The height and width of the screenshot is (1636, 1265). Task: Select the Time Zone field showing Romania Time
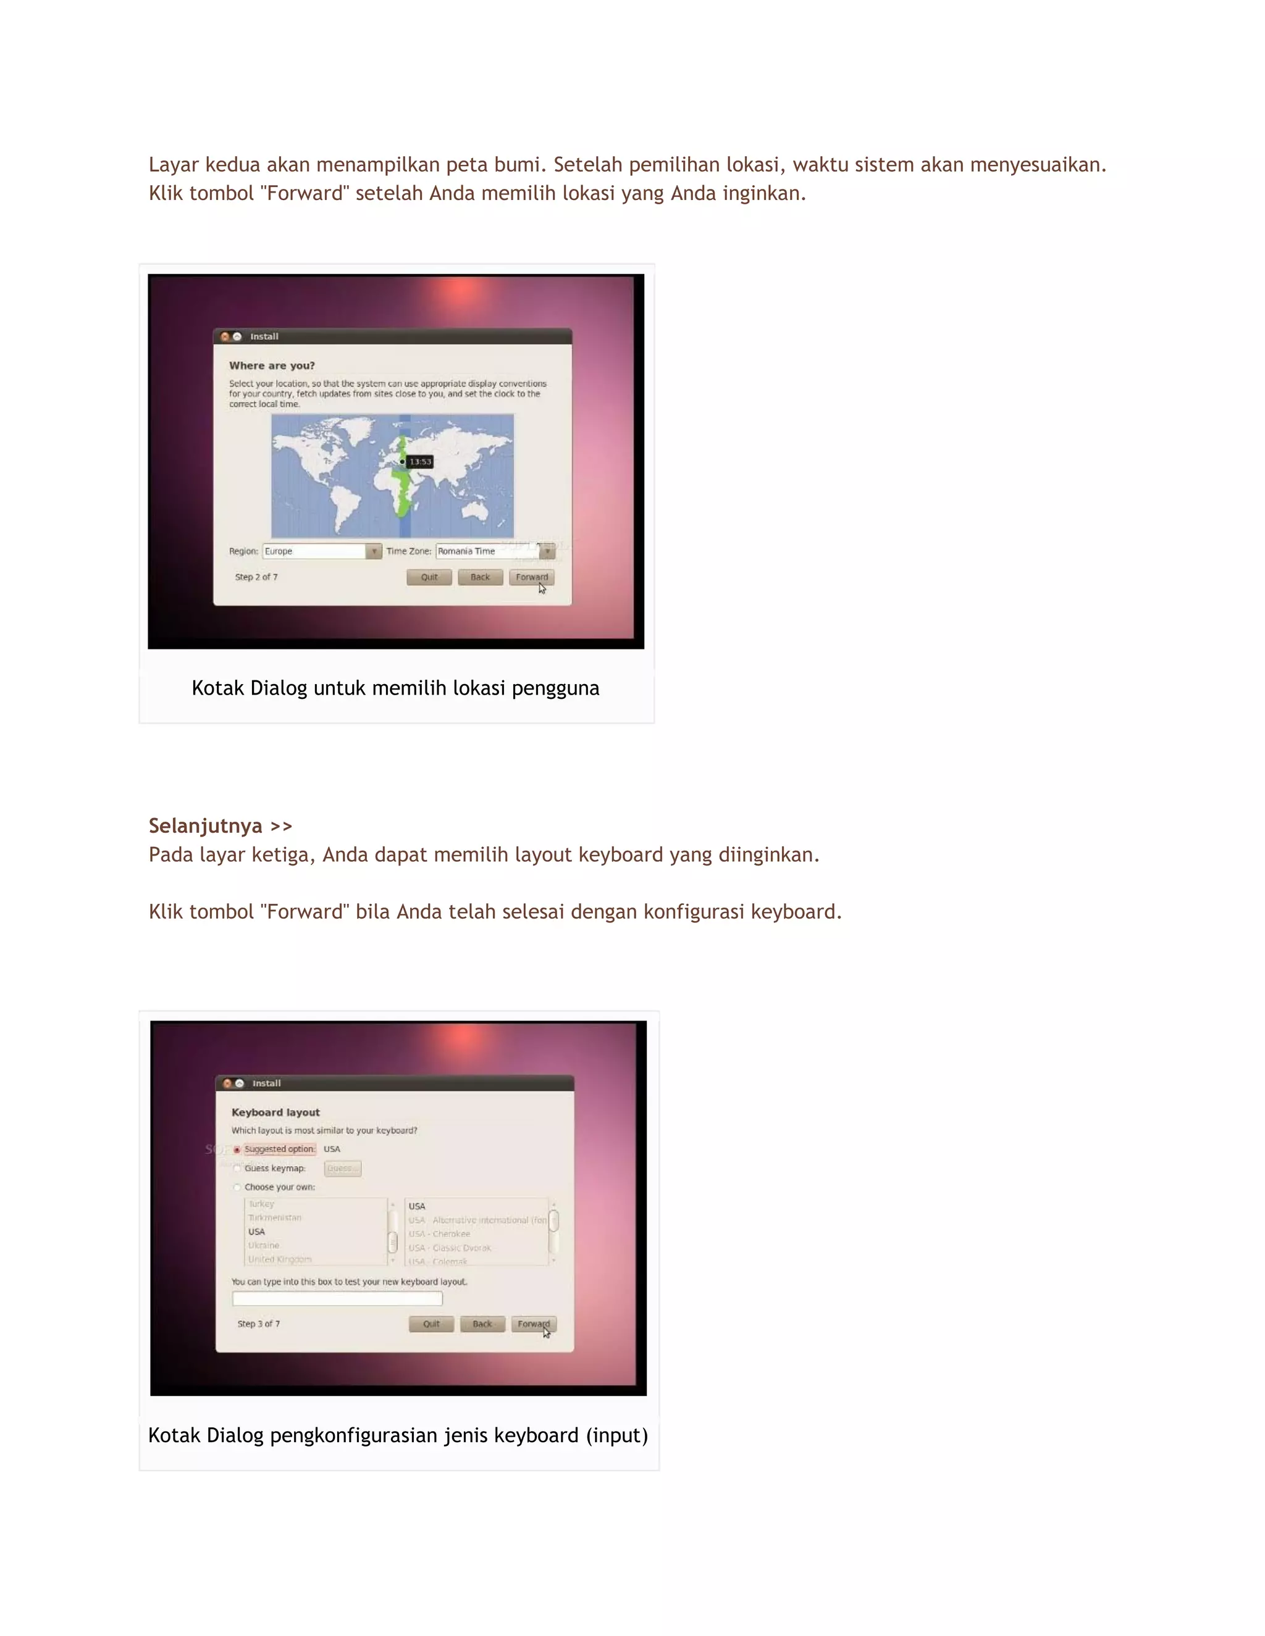(495, 551)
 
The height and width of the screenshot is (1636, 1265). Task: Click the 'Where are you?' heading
(272, 365)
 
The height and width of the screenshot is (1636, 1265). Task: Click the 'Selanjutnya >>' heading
(219, 825)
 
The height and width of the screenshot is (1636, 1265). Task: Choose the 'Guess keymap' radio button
(237, 1169)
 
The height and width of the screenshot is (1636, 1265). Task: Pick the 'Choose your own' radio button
(237, 1187)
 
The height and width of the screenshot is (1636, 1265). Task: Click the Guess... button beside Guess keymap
(342, 1169)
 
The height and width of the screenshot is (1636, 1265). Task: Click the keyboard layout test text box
(337, 1299)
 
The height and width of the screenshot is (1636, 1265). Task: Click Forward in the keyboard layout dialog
(533, 1324)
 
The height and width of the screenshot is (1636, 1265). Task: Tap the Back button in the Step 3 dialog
(482, 1324)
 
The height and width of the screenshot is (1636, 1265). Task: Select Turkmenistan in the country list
(275, 1218)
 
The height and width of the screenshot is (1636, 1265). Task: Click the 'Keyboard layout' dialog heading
(275, 1112)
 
